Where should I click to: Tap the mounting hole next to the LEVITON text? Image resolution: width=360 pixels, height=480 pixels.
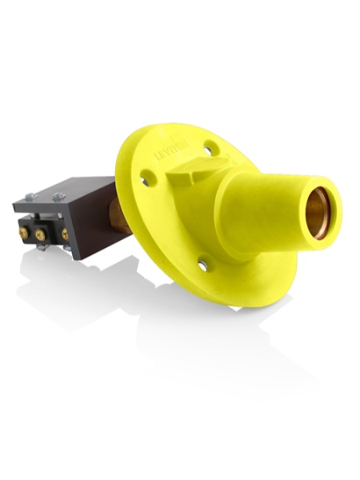209,146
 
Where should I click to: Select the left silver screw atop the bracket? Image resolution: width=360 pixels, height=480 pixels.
30,196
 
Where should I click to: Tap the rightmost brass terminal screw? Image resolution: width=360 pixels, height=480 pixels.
64,234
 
